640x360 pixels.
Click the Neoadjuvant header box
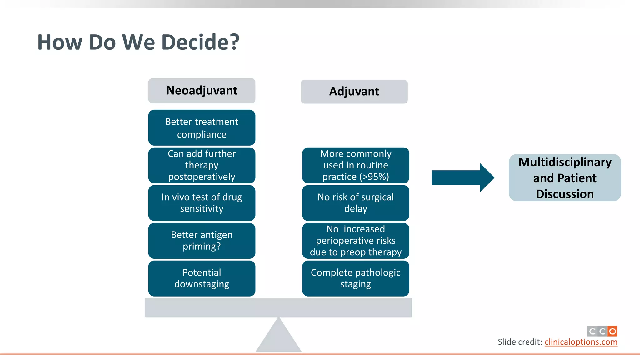(x=202, y=91)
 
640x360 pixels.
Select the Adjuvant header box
(x=354, y=92)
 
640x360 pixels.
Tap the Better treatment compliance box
(x=202, y=127)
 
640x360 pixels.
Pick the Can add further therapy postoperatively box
(x=202, y=165)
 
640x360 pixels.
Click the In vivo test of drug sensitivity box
(x=202, y=203)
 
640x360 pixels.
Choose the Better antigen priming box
(x=202, y=240)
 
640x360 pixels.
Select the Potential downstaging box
(x=202, y=278)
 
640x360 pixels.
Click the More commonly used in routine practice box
(x=356, y=165)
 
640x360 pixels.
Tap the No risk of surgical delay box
(x=356, y=203)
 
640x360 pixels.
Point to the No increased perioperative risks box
(x=356, y=240)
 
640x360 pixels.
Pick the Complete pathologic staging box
(x=356, y=278)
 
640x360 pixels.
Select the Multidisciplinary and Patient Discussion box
(x=565, y=177)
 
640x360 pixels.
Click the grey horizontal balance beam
(x=278, y=308)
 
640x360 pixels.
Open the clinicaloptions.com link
(x=581, y=342)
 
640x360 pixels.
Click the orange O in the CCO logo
(x=612, y=331)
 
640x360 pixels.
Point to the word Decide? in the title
(x=200, y=42)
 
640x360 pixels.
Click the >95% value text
(x=374, y=177)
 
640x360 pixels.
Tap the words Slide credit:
(x=520, y=342)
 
